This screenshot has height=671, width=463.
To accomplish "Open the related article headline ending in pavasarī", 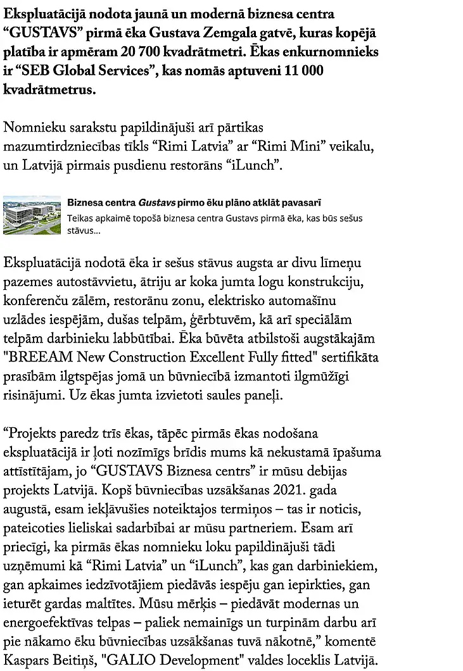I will point(194,203).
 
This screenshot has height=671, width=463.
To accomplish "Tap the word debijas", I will point(343,454).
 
